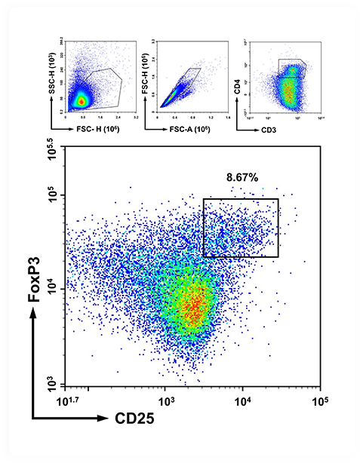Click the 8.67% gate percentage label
pos(243,177)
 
